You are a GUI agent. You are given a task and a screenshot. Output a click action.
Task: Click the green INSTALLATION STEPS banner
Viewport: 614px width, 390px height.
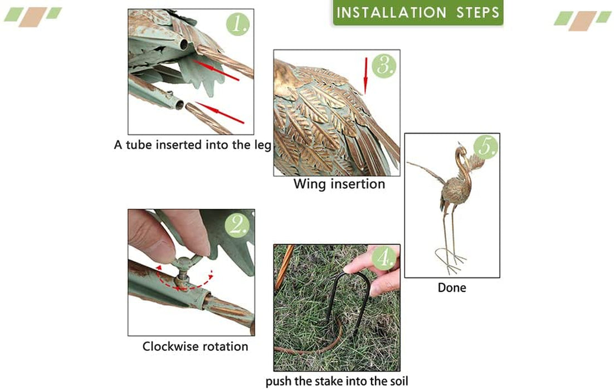point(418,12)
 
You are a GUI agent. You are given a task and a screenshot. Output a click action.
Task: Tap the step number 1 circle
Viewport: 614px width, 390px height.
point(238,24)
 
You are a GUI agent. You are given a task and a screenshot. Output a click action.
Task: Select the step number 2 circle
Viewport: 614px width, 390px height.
point(237,225)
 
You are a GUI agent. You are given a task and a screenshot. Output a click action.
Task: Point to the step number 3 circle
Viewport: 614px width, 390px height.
point(384,65)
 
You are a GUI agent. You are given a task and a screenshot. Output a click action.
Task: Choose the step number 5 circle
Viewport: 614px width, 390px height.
point(485,147)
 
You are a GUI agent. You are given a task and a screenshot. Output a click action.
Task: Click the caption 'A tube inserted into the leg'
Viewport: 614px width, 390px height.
point(193,145)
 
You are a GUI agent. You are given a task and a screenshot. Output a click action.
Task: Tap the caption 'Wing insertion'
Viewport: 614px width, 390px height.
point(339,184)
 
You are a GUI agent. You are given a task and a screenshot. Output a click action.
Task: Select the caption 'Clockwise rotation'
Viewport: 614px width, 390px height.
point(195,346)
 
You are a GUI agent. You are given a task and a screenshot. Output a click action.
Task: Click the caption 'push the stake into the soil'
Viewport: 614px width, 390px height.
point(337,381)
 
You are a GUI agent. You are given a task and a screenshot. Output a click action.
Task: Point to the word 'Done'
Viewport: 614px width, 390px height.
point(452,288)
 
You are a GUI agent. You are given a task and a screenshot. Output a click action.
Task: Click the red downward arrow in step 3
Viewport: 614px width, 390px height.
point(366,75)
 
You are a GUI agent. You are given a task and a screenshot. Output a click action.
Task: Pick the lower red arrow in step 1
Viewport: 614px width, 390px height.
point(220,113)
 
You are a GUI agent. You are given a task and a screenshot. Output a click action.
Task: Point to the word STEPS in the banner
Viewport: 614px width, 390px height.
point(477,12)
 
